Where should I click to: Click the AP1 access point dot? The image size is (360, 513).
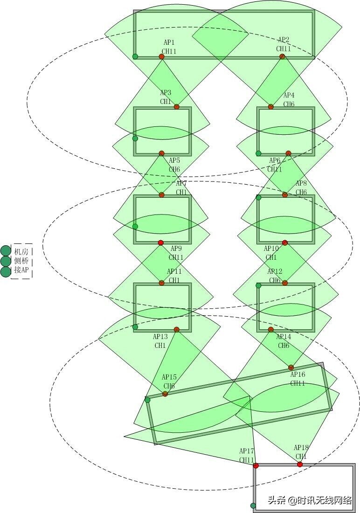point(161,56)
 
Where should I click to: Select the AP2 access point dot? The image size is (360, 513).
point(282,56)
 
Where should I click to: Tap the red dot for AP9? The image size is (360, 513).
point(161,243)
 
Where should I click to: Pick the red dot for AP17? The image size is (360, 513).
point(256,465)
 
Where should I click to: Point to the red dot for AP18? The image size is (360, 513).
point(300,464)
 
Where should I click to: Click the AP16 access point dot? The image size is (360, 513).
point(291,367)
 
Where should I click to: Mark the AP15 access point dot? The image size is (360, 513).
point(165,394)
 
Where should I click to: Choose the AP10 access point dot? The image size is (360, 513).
point(285,243)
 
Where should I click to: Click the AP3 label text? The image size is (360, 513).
point(166,93)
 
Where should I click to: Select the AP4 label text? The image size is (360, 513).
point(289,96)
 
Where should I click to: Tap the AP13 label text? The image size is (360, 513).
point(160,337)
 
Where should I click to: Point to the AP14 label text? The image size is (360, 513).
point(284,337)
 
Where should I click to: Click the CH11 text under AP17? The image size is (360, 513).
point(247,460)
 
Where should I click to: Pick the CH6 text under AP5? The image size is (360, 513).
point(174,169)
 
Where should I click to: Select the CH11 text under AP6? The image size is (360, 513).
point(275,169)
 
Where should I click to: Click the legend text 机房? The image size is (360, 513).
point(21,251)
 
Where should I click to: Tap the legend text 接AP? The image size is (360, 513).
point(21,270)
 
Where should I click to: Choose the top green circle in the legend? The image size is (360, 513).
point(6,250)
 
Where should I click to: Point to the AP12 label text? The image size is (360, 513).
point(275,271)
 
